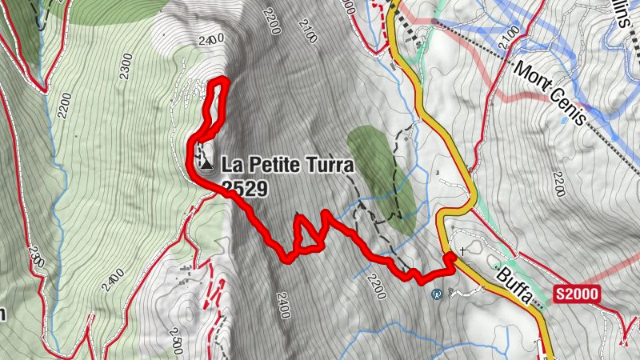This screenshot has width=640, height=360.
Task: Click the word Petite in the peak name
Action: click(x=270, y=165)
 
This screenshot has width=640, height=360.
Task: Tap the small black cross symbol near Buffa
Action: click(x=463, y=250)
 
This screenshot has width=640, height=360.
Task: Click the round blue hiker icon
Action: click(x=437, y=294)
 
